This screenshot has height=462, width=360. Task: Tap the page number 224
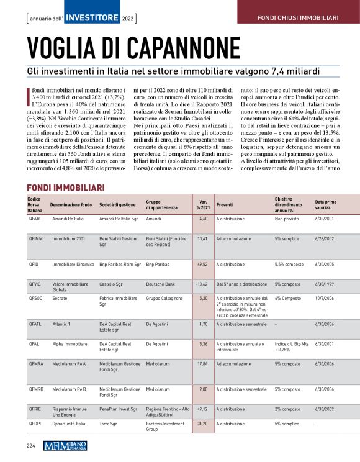[30, 445]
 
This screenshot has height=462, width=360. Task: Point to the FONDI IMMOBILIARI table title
[65, 188]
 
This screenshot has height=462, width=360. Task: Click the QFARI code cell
[35, 219]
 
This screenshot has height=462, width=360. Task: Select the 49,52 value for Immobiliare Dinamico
[202, 264]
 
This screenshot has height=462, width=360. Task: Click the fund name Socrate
[60, 298]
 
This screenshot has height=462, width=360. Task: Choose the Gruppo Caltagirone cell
[164, 298]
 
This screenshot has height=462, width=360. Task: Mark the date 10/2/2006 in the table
[326, 298]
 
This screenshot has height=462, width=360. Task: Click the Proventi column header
[225, 204]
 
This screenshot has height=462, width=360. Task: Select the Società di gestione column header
[118, 204]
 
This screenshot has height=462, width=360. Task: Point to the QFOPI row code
[35, 424]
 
